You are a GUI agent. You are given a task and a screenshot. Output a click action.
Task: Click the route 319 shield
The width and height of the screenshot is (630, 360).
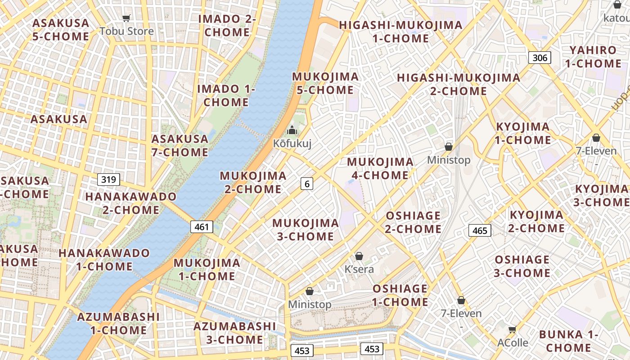pyautogui.click(x=108, y=180)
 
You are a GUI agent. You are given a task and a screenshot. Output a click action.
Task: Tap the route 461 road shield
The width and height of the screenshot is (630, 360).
pyautogui.click(x=202, y=227)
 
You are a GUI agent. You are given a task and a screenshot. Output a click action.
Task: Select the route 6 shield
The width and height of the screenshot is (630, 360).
pyautogui.click(x=307, y=183)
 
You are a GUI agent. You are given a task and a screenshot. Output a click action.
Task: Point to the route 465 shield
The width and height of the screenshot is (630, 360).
pyautogui.click(x=480, y=230)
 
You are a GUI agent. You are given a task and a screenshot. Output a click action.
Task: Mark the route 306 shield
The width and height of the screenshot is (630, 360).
pyautogui.click(x=540, y=57)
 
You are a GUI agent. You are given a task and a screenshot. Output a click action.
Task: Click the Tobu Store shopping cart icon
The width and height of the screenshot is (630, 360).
pyautogui.click(x=126, y=18)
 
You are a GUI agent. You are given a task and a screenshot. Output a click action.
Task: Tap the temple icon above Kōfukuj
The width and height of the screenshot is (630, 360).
pyautogui.click(x=292, y=130)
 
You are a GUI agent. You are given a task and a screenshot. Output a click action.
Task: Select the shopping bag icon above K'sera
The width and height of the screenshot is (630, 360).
pyautogui.click(x=359, y=256)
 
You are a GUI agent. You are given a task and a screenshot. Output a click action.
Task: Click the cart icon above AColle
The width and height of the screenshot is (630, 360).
pyautogui.click(x=512, y=330)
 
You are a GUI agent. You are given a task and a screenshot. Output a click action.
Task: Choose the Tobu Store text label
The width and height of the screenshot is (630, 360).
pyautogui.click(x=126, y=31)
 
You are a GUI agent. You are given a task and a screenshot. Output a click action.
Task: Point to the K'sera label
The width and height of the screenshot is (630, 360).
pyautogui.click(x=359, y=269)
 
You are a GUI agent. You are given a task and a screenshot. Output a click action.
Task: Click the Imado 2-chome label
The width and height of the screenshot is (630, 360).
pyautogui.click(x=227, y=26)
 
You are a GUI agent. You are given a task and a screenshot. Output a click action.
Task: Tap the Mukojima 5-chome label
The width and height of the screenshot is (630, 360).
pyautogui.click(x=325, y=83)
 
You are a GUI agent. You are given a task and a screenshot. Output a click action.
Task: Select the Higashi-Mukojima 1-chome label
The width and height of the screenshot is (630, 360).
pyautogui.click(x=400, y=31)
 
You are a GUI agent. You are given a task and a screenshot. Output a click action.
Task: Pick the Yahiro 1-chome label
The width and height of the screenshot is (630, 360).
pyautogui.click(x=593, y=57)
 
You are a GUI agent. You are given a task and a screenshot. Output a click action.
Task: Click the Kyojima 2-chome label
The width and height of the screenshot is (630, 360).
pyautogui.click(x=536, y=221)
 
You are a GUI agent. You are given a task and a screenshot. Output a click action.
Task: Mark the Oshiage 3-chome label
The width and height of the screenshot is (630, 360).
pyautogui.click(x=522, y=266)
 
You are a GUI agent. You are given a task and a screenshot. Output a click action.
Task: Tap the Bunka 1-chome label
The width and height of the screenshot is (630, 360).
pyautogui.click(x=568, y=341)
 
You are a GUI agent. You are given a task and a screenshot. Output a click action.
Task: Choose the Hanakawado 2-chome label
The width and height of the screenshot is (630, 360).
pyautogui.click(x=122, y=203)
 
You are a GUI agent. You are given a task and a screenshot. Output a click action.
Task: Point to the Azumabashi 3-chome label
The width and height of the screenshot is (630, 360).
pyautogui.click(x=234, y=333)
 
